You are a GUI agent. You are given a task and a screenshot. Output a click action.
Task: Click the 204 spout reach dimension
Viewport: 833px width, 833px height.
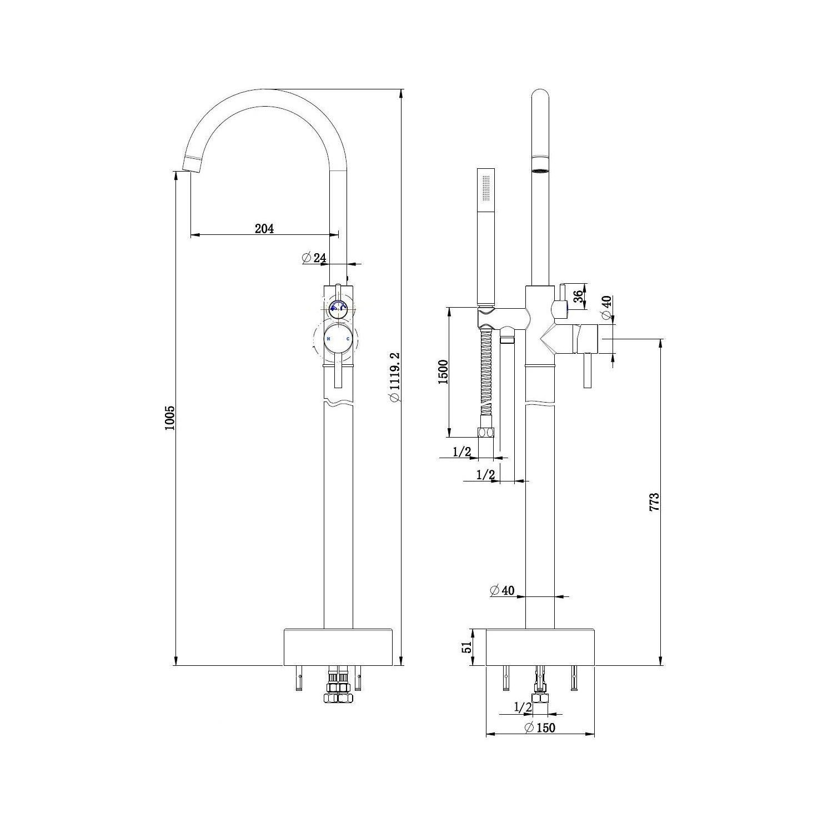(264, 228)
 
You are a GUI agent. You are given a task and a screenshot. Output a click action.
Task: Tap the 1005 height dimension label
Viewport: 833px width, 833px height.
(170, 418)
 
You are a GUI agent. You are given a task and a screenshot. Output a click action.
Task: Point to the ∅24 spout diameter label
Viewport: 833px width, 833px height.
(314, 258)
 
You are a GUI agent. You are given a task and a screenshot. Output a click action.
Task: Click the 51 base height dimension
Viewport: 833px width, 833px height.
(467, 646)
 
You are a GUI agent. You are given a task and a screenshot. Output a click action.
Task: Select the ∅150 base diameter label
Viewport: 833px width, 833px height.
(539, 727)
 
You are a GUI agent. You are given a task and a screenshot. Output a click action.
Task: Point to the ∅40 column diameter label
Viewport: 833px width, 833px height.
(502, 590)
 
